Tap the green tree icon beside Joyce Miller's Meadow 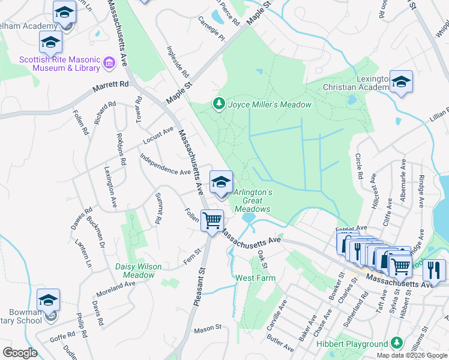[219, 104]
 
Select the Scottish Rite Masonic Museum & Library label [59, 64]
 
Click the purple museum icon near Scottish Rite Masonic [109, 62]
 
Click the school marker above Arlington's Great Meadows [221, 181]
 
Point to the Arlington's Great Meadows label [253, 200]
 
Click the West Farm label [255, 278]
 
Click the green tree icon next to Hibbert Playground [396, 343]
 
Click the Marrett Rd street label [111, 87]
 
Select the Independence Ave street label [165, 164]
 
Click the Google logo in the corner [20, 353]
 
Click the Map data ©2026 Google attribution [412, 355]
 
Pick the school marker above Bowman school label [49, 300]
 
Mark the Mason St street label [208, 328]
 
